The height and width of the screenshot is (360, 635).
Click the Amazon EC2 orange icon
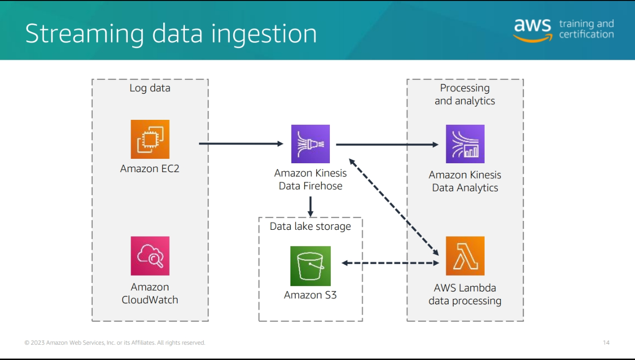(x=150, y=139)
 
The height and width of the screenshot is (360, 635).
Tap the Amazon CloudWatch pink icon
(x=150, y=255)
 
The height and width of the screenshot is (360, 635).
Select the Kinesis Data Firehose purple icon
(x=310, y=144)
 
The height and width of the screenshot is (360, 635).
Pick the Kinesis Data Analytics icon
(x=465, y=144)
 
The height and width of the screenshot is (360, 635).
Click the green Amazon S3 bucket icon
(x=310, y=266)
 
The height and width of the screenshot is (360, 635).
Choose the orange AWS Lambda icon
(x=465, y=255)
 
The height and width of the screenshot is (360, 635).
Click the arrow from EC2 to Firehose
(x=241, y=144)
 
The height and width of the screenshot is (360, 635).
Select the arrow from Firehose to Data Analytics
(x=387, y=144)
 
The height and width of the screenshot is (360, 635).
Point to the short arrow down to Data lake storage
(x=310, y=206)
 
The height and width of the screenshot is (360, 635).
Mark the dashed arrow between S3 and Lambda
(x=390, y=263)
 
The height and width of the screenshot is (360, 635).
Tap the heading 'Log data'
(x=150, y=88)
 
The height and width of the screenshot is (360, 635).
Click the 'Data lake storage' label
(x=310, y=226)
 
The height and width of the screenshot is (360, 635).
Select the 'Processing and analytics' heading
(x=464, y=94)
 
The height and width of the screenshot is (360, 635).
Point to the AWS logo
(x=532, y=30)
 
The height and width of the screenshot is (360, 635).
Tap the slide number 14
(x=606, y=343)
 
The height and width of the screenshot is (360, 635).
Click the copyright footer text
(x=115, y=343)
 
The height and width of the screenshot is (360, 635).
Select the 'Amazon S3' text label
(x=310, y=295)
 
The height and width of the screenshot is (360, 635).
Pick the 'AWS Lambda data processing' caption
(x=465, y=294)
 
